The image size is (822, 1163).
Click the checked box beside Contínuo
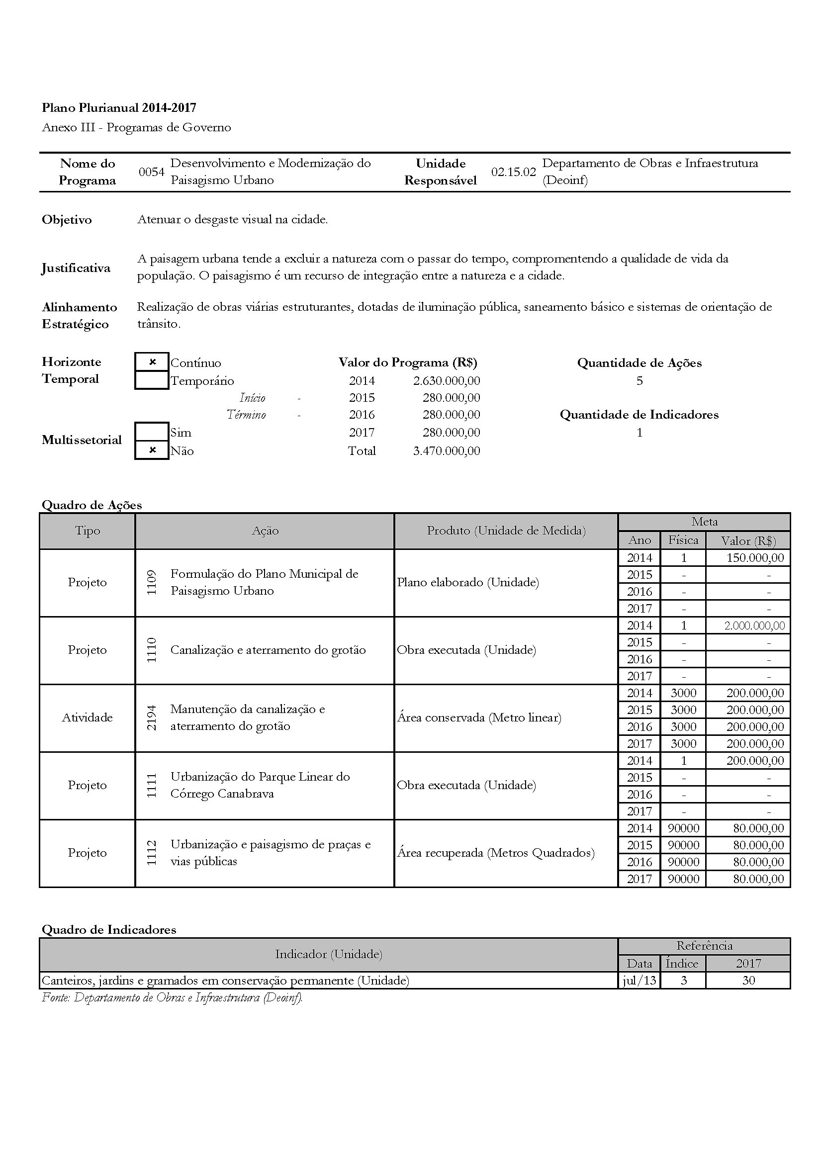tap(152, 362)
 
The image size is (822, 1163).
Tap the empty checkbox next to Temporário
tap(152, 380)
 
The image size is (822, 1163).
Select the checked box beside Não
tap(152, 450)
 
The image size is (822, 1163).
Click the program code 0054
tap(152, 172)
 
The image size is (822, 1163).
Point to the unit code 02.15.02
tap(513, 172)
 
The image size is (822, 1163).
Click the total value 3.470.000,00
tap(446, 451)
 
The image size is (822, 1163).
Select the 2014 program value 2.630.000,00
tap(446, 380)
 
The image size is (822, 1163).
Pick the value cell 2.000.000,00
tap(754, 626)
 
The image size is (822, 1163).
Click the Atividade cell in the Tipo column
tap(87, 717)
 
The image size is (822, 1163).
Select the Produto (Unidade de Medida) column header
tap(506, 531)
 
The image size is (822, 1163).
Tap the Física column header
tap(683, 540)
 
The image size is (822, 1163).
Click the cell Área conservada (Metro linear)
tap(479, 717)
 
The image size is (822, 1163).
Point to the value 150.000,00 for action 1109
tap(755, 558)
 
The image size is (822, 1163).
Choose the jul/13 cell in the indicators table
tap(639, 981)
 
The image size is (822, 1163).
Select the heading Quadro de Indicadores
tap(109, 929)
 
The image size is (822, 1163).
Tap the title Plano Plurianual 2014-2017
tap(119, 107)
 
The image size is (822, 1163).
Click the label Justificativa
tap(76, 268)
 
